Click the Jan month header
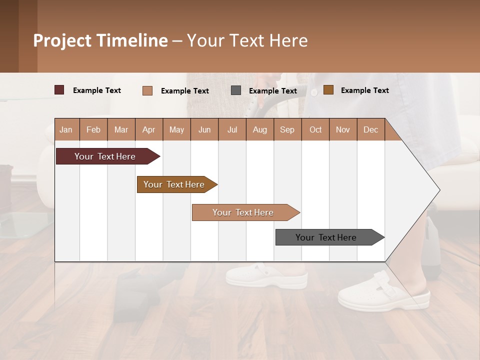click(66, 129)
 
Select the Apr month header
click(148, 129)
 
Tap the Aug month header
click(259, 129)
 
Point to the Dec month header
click(370, 129)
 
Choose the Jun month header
click(204, 129)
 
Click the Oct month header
click(315, 129)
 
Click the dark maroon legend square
click(59, 90)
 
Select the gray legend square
click(236, 90)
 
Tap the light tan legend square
click(147, 90)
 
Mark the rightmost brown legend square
click(328, 90)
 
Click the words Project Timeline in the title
click(100, 40)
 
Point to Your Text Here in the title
click(247, 40)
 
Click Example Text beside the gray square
click(272, 91)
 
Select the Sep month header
click(287, 129)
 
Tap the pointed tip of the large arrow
click(438, 190)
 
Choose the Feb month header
click(93, 129)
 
